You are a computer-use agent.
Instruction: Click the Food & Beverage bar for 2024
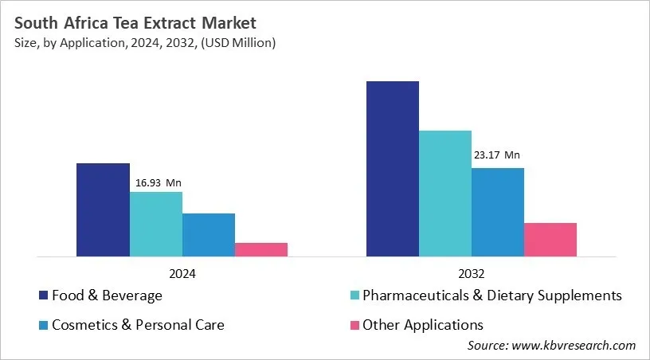click(x=103, y=210)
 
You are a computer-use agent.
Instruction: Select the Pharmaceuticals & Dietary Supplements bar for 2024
click(x=156, y=225)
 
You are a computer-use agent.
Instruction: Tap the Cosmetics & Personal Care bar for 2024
click(x=209, y=235)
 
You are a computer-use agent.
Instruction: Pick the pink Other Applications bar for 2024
click(x=261, y=249)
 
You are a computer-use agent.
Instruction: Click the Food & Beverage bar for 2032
click(x=393, y=169)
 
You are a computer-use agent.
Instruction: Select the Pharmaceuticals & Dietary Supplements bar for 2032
click(x=445, y=194)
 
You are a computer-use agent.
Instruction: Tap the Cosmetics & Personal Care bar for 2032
click(x=498, y=212)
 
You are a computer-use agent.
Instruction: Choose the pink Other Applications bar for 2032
click(x=550, y=240)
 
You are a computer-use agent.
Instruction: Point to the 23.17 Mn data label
click(x=497, y=155)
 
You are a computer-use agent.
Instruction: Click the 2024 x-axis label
click(x=182, y=272)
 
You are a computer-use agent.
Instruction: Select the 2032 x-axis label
click(x=472, y=272)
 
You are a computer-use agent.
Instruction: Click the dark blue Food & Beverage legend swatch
click(x=44, y=296)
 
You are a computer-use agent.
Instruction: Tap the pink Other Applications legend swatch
click(x=354, y=325)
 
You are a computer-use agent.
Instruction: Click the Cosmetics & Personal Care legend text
click(x=138, y=325)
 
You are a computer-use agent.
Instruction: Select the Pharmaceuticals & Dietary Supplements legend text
click(x=491, y=296)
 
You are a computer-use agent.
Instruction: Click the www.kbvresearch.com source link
click(x=574, y=345)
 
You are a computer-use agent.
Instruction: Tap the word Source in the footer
click(x=487, y=345)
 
